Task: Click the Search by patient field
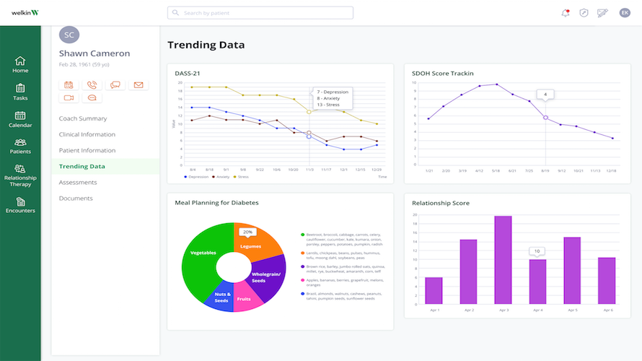click(x=260, y=13)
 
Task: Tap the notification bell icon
click(x=566, y=13)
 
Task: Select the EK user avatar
click(x=625, y=13)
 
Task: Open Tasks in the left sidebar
click(x=20, y=91)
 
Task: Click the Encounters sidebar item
click(x=20, y=206)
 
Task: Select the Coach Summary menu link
click(x=83, y=118)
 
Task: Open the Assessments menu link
click(x=78, y=183)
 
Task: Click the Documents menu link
click(x=76, y=199)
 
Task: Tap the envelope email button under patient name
click(x=138, y=85)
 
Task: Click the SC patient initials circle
click(x=69, y=35)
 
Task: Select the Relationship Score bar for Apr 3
click(x=503, y=260)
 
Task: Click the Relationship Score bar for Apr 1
click(x=434, y=290)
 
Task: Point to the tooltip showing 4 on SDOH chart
click(x=545, y=95)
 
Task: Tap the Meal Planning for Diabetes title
click(x=216, y=203)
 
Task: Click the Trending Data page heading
click(x=206, y=45)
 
